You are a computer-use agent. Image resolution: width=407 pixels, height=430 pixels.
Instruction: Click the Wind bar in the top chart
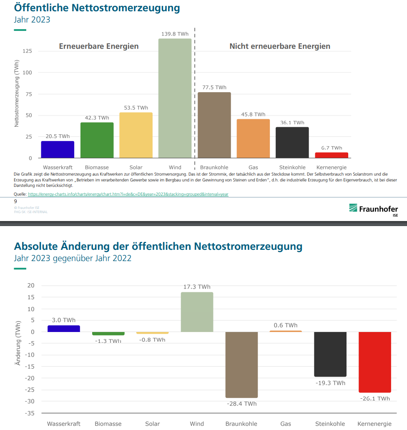pos(175,98)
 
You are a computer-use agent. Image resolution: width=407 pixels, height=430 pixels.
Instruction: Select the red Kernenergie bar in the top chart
pos(332,155)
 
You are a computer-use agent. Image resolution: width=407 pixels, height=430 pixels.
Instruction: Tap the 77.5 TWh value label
pos(214,88)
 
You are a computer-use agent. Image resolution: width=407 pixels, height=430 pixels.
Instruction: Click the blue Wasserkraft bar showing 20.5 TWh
pos(58,150)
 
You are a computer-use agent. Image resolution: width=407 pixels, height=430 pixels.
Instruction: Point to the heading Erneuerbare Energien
pos(98,46)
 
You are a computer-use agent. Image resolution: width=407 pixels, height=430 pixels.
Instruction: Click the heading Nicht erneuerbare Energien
pos(280,46)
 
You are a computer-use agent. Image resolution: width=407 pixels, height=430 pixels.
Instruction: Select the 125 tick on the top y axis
pos(27,51)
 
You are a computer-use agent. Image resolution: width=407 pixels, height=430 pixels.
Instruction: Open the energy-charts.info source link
pos(128,194)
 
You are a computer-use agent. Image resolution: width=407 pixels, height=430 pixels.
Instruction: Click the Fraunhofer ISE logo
pos(373,209)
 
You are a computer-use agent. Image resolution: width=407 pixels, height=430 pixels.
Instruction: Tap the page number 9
pos(15,201)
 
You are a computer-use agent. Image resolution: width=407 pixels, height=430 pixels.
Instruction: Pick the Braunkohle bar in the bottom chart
pos(241,365)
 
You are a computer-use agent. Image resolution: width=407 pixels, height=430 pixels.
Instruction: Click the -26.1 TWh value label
pos(375,398)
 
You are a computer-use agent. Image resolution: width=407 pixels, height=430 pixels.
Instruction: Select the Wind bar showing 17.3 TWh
pos(197,312)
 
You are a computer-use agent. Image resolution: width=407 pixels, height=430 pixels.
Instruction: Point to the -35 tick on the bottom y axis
pos(31,413)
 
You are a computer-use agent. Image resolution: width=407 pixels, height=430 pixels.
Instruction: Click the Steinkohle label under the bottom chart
pos(330,424)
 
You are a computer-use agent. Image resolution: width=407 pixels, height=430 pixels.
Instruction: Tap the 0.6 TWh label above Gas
pos(286,325)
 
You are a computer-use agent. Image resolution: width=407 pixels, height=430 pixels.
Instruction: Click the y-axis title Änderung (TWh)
pos(18,343)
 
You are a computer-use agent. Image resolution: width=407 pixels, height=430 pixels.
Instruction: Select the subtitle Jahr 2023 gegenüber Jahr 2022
pos(73,258)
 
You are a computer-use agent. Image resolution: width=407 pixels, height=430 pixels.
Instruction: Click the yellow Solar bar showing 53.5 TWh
pos(136,135)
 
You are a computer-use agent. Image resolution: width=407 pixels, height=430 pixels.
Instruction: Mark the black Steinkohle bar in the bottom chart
pos(330,354)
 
